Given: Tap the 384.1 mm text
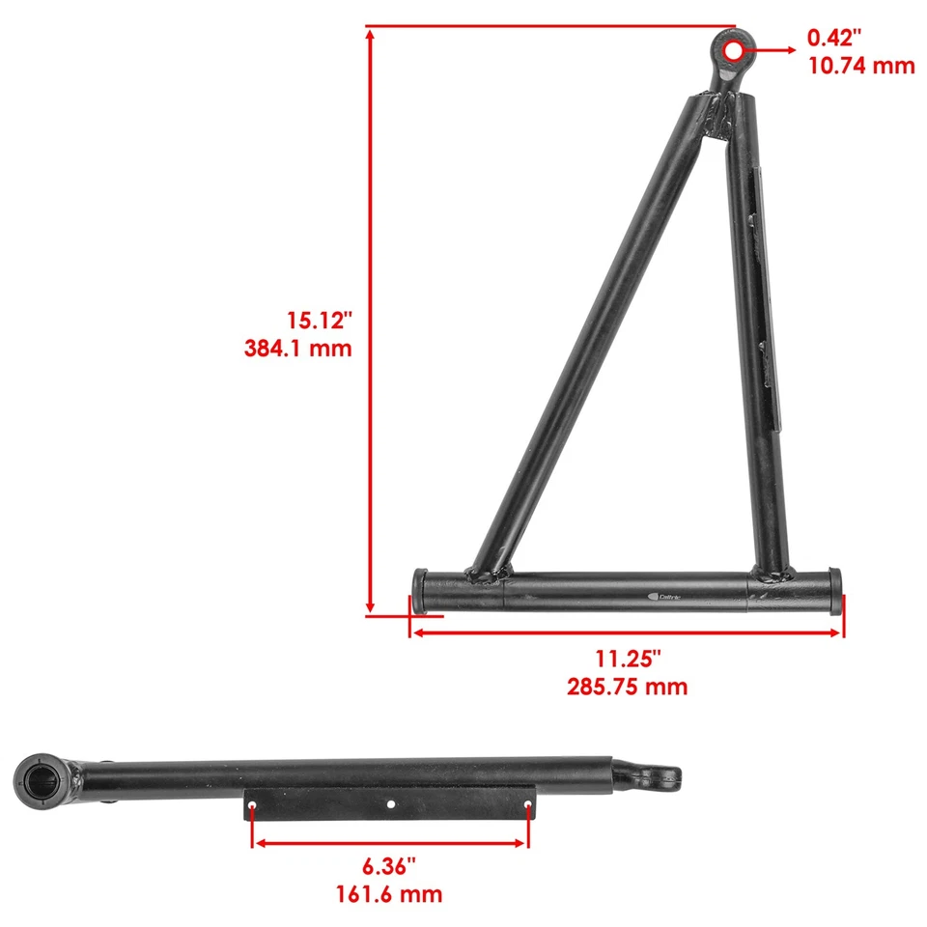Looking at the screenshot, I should [297, 348].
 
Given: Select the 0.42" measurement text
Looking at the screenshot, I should [834, 38].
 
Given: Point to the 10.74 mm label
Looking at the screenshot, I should [860, 66].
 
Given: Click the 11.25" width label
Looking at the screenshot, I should [628, 660].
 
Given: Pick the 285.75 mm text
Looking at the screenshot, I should [628, 687].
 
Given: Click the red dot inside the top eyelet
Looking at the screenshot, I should [734, 49].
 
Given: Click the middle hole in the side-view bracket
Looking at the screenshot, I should [390, 803].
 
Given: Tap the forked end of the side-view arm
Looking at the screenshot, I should [657, 773].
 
